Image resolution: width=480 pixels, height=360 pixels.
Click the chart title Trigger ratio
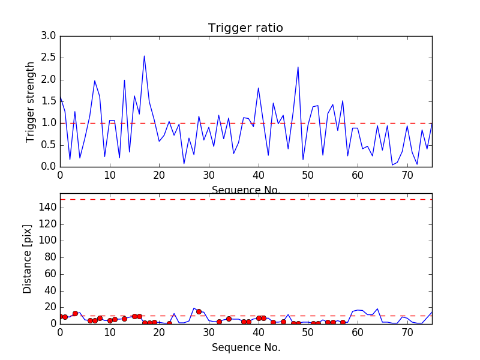[x=245, y=28]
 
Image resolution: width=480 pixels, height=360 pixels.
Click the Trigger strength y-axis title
[x=31, y=101]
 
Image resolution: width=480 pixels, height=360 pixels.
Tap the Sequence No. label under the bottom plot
[x=245, y=347]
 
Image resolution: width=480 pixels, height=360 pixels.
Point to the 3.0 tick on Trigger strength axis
[x=49, y=36]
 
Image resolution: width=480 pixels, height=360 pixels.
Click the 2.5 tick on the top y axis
[x=49, y=58]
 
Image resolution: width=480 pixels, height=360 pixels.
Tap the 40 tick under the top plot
[x=259, y=176]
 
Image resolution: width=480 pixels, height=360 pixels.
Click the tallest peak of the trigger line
[x=144, y=56]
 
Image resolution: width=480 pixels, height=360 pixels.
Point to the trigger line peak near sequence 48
[x=298, y=67]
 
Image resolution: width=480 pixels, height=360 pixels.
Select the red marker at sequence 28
[x=199, y=311]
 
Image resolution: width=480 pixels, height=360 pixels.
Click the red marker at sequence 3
[x=75, y=313]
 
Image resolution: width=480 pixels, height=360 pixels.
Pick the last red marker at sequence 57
[x=343, y=322]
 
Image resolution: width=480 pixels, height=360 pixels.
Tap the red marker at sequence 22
[x=169, y=323]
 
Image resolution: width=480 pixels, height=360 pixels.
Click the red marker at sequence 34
[x=229, y=319]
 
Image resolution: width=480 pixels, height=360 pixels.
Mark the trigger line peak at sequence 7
[x=95, y=81]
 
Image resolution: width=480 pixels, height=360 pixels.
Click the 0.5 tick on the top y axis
[x=49, y=145]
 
